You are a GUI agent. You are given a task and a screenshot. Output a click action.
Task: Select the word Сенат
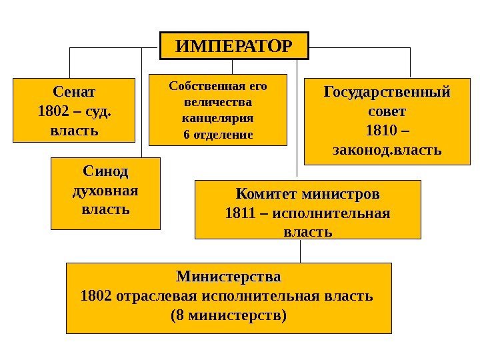click(73, 90)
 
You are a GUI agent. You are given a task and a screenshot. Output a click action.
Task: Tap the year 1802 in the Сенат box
click(52, 109)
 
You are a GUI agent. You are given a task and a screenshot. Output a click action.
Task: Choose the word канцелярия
click(218, 119)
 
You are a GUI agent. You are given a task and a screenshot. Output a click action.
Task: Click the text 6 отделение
click(218, 135)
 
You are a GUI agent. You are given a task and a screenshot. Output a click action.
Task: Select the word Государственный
click(387, 90)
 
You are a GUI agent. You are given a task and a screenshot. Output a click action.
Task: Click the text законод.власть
click(387, 148)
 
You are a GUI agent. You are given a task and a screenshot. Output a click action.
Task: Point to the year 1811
click(238, 213)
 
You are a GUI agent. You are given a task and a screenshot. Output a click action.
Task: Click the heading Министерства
click(228, 275)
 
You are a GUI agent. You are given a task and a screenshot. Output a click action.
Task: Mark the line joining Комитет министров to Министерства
click(301, 251)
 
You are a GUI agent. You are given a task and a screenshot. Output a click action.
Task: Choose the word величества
click(218, 103)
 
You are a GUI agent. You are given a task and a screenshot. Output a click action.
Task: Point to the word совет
click(387, 109)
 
